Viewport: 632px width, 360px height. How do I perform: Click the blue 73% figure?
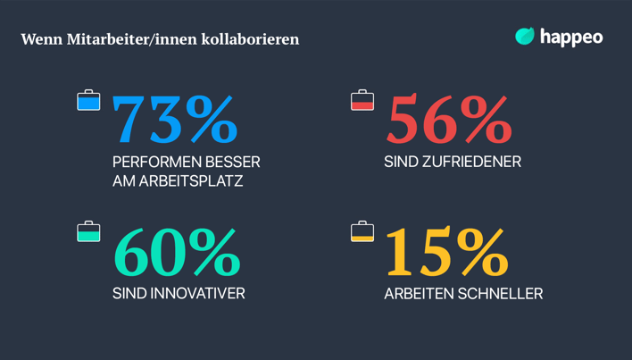click(175, 120)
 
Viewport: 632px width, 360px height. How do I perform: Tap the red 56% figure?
click(448, 120)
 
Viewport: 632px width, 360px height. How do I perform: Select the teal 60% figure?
click(177, 253)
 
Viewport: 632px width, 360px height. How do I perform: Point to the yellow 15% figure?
click(446, 253)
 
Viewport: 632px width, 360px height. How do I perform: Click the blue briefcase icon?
click(88, 101)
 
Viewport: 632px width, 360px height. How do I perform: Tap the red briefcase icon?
click(362, 101)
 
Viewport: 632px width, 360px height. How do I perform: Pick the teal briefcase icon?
click(88, 232)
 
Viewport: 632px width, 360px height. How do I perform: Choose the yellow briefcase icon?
click(362, 232)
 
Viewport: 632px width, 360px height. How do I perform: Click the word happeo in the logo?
click(571, 37)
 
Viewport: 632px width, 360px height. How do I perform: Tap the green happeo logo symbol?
click(525, 36)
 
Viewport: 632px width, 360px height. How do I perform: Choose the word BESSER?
click(233, 163)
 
